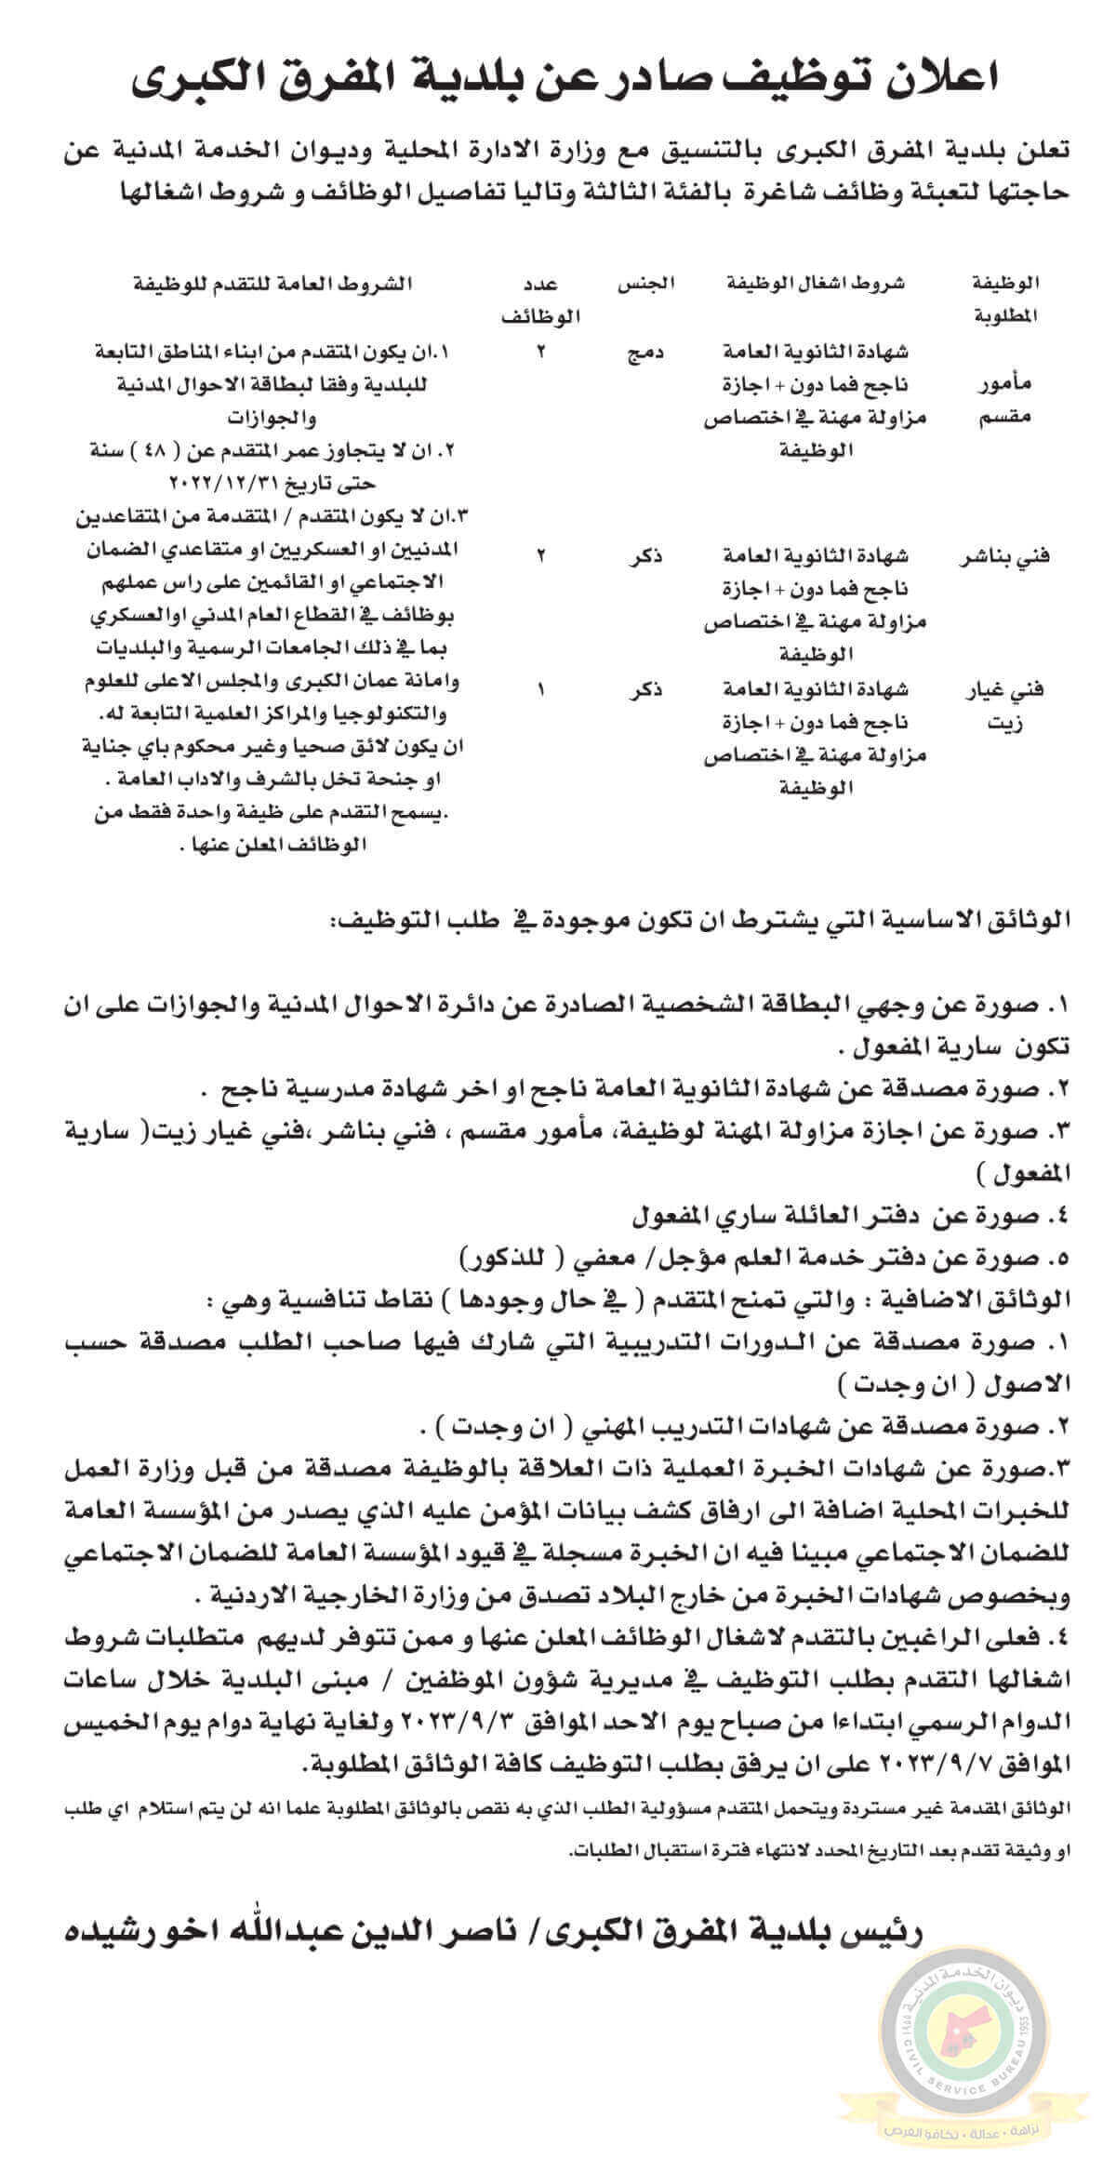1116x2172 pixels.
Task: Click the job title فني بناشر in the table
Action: tap(1000, 557)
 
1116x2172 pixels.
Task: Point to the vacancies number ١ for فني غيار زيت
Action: tap(542, 690)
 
